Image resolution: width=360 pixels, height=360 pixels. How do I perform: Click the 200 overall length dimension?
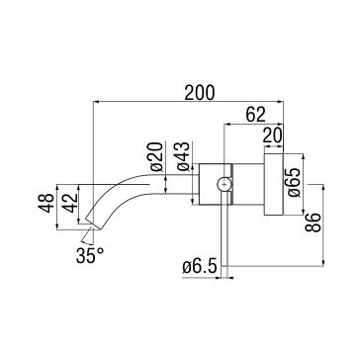click(x=200, y=93)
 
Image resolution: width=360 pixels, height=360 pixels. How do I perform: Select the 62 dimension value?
click(x=256, y=115)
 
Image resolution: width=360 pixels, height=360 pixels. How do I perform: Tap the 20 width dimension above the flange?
click(x=272, y=135)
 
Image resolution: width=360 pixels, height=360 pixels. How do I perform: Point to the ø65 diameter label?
click(x=295, y=183)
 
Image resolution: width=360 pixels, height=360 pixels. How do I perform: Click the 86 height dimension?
click(x=313, y=223)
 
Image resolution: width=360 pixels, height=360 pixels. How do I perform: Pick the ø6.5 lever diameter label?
click(x=200, y=266)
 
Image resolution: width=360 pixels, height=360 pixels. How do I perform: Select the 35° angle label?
click(x=90, y=255)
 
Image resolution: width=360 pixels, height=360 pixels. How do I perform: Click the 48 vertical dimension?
click(x=45, y=203)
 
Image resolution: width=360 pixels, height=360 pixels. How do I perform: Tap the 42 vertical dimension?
click(x=70, y=203)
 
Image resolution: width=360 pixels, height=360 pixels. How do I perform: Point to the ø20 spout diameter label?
click(x=157, y=156)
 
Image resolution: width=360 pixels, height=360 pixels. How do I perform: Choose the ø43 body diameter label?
click(x=183, y=156)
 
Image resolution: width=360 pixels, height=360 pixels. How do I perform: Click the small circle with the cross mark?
click(x=225, y=184)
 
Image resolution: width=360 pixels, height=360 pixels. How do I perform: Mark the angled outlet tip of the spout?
click(x=94, y=224)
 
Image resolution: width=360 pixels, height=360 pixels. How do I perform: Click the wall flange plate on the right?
click(x=274, y=184)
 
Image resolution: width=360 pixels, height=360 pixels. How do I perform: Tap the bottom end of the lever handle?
click(x=225, y=265)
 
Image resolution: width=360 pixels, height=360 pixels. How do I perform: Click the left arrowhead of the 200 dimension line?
click(x=96, y=102)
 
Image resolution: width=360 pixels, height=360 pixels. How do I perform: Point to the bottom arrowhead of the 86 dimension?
click(x=323, y=263)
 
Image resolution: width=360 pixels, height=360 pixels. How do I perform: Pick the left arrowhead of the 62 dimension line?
click(x=226, y=125)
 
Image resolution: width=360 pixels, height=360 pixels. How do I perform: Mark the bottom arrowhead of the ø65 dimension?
click(x=304, y=212)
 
